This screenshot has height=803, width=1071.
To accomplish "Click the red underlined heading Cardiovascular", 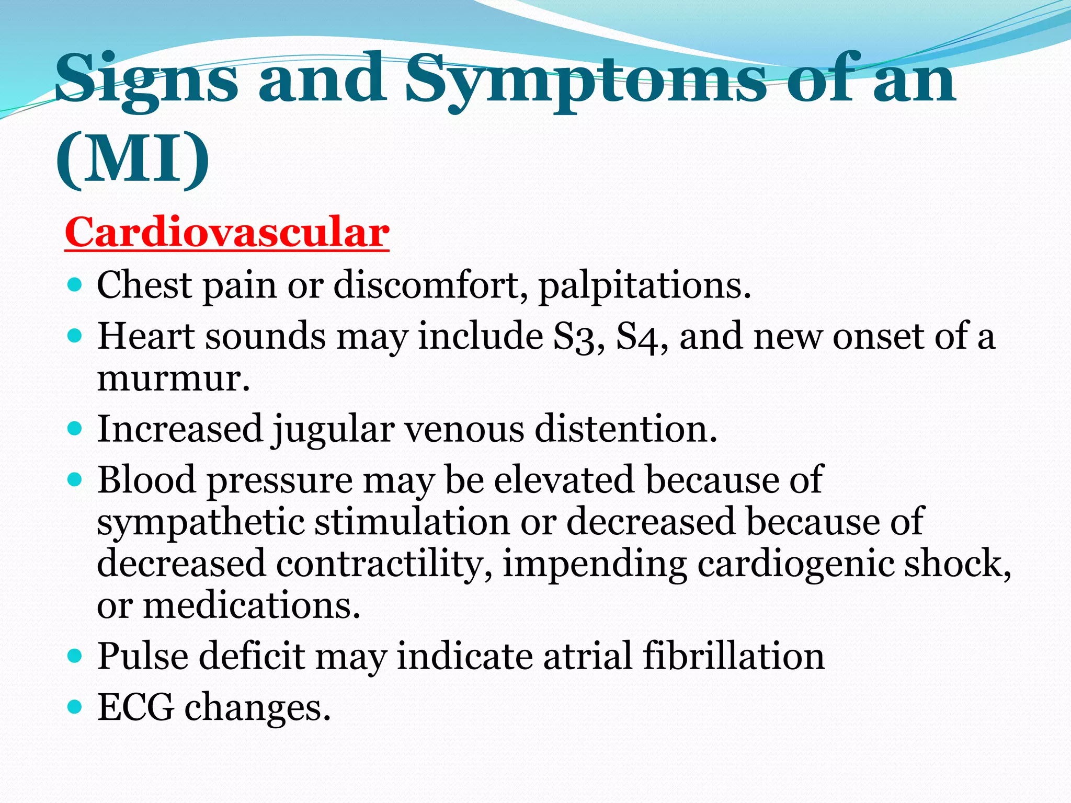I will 227,232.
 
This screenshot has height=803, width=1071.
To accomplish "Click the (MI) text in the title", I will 133,159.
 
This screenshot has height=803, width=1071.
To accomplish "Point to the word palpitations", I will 644,286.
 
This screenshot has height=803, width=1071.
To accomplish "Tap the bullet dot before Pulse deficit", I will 75,656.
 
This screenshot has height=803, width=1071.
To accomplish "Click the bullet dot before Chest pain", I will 75,285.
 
